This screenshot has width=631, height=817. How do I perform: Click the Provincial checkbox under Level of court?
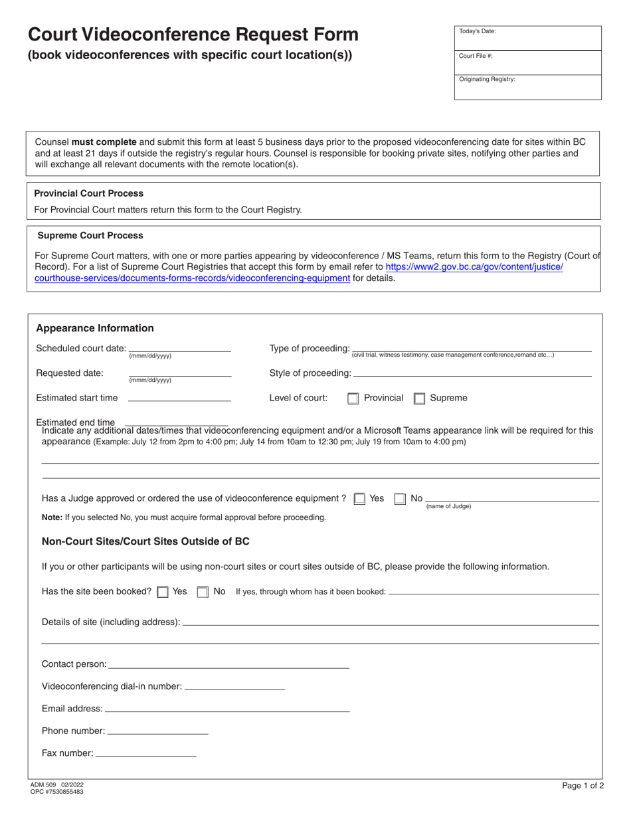point(353,399)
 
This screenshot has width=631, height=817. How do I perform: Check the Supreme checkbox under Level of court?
point(419,399)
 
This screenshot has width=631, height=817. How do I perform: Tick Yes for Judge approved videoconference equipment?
point(359,499)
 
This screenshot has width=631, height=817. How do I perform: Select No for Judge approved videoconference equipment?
point(400,499)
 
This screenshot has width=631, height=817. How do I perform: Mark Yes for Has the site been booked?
point(162,592)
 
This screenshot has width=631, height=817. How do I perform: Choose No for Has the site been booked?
point(203,592)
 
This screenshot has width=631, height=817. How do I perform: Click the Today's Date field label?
point(477,31)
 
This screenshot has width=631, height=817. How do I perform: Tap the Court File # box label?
point(476,56)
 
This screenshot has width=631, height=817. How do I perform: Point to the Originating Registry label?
point(487,79)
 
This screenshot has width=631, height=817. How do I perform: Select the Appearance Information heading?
point(94,328)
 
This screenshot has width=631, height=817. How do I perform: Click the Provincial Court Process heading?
point(88,193)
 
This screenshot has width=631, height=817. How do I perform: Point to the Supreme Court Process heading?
point(90,235)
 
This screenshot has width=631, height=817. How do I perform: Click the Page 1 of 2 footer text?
point(583,786)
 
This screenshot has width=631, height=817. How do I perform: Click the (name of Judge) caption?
point(448,506)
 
